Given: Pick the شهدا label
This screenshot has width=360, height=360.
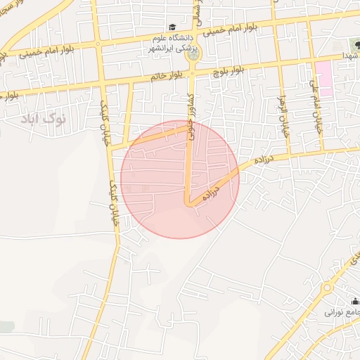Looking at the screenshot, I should click(349, 55).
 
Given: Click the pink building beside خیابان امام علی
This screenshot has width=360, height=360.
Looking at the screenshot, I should click(323, 78).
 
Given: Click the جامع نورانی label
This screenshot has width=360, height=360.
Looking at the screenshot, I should click(342, 311).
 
